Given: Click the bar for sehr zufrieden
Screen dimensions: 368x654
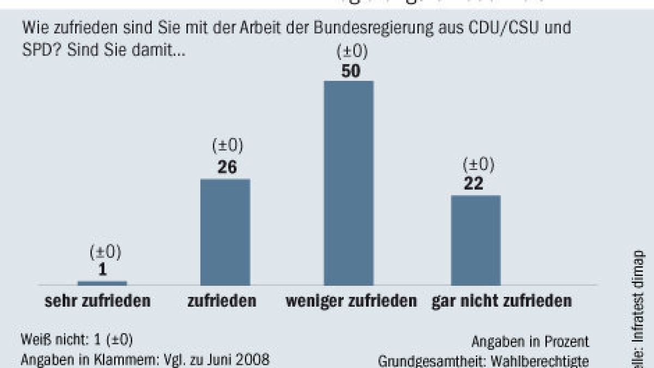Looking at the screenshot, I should [102, 283].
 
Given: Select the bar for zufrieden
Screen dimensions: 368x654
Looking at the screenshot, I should [225, 232].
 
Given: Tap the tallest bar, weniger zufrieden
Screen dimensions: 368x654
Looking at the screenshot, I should [349, 183].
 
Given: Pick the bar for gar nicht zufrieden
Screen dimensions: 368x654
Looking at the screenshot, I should [475, 240].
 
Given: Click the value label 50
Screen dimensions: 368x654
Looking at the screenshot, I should [349, 71].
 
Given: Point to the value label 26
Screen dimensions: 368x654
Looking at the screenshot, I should [227, 167].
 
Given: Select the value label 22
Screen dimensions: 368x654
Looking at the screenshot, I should [474, 184].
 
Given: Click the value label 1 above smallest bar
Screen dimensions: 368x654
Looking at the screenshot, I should [103, 269].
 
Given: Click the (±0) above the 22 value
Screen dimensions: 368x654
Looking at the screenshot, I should [478, 165].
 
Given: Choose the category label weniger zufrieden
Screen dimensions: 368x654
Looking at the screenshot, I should [352, 301].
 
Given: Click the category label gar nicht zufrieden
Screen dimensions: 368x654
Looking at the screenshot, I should [502, 301].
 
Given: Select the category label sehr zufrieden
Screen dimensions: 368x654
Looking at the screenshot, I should [97, 301].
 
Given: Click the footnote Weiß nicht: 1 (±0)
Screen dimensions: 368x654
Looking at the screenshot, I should [77, 340].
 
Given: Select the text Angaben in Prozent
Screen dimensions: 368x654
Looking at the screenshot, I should [530, 342].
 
